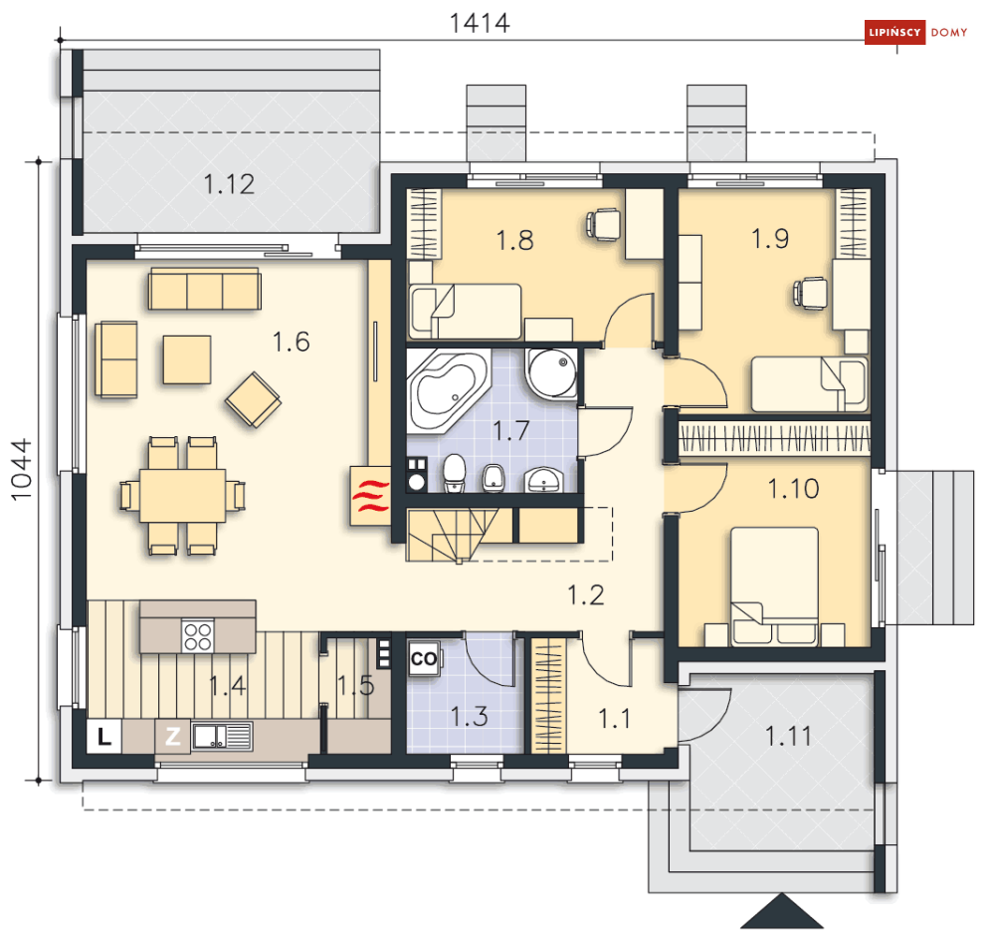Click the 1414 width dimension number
coord(480,23)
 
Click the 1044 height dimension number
coord(22,469)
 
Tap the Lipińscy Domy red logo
coord(915,32)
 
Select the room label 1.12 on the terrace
coord(229,184)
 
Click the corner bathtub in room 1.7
coord(447,391)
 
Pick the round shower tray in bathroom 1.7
coord(552,373)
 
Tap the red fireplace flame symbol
coord(370,497)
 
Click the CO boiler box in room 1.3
coord(424,659)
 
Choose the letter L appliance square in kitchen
coord(104,736)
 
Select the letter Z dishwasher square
coord(172,736)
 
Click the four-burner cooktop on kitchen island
coord(198,636)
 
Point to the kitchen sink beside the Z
coord(222,736)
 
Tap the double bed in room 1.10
coord(775,586)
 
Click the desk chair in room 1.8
coord(603,224)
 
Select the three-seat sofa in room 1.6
coord(205,289)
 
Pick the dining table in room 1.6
coord(182,496)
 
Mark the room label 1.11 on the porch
coord(788,736)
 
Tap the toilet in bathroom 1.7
coord(455,473)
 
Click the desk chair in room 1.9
coord(811,294)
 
